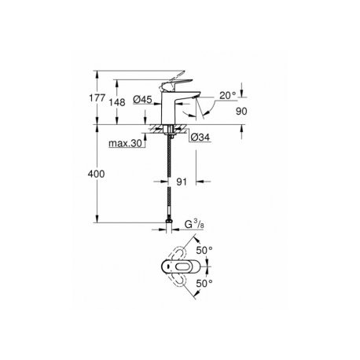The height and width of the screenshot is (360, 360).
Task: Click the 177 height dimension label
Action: point(97,98)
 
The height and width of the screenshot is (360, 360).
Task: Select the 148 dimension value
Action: point(117,102)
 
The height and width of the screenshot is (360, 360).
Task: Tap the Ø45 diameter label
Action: point(142,99)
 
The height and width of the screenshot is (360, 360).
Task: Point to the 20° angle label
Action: point(228,95)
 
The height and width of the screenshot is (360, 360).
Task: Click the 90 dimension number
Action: point(241,112)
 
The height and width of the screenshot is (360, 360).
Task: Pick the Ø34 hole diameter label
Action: point(200,137)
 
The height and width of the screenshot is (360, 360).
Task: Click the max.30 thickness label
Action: point(125,143)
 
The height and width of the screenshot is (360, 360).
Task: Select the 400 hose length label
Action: point(96,174)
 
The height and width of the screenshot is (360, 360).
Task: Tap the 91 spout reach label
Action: point(182,182)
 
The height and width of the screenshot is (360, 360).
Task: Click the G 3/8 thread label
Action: point(194,224)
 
